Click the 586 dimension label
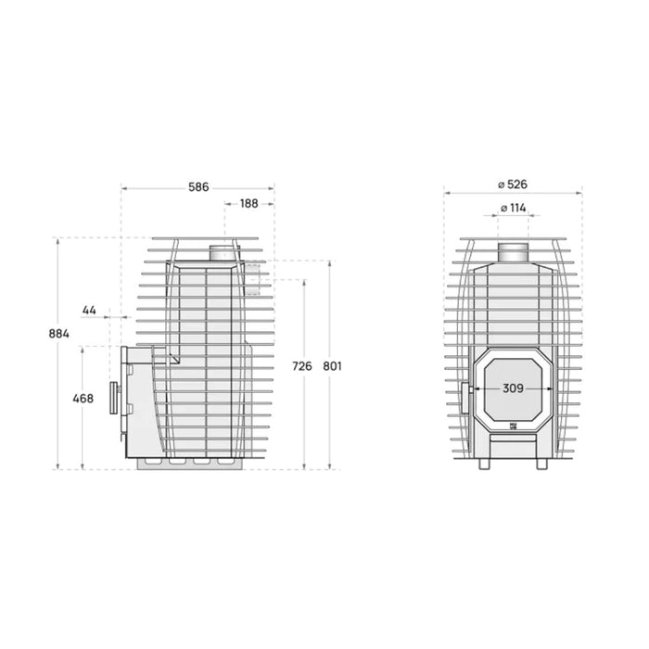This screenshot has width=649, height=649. [198, 186]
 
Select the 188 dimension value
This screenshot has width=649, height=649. [249, 204]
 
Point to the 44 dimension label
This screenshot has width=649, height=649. [90, 309]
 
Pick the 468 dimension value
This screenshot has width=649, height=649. [83, 399]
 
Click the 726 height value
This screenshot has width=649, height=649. [302, 366]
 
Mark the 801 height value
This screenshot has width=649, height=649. [333, 366]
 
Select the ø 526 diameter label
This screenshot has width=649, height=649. [512, 184]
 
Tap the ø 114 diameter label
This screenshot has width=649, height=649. [513, 208]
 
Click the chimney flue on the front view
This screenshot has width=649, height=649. [512, 251]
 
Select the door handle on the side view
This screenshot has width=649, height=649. [115, 396]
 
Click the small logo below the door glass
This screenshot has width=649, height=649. [513, 426]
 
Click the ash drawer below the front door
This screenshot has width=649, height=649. [512, 447]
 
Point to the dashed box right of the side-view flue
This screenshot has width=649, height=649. [253, 275]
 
